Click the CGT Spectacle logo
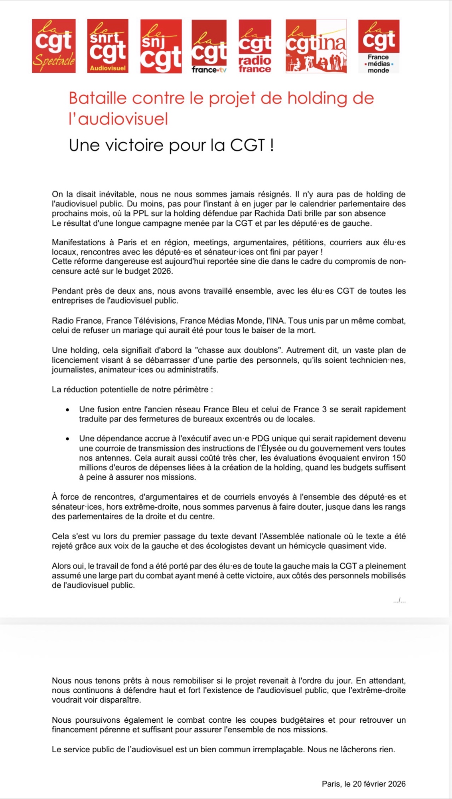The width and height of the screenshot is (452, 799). pyautogui.click(x=54, y=46)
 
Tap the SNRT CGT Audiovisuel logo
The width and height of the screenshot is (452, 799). pyautogui.click(x=108, y=46)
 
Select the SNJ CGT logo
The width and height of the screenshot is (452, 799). pyautogui.click(x=161, y=46)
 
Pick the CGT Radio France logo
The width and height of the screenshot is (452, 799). pyautogui.click(x=255, y=46)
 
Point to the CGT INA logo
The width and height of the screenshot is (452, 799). pyautogui.click(x=316, y=46)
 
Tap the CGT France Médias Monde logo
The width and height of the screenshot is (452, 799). pyautogui.click(x=379, y=46)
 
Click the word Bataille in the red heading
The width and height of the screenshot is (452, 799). pyautogui.click(x=97, y=98)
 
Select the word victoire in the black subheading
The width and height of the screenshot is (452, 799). pyautogui.click(x=134, y=145)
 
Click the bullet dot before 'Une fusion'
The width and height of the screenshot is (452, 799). pyautogui.click(x=68, y=409)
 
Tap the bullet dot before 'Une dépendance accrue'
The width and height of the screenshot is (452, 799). pyautogui.click(x=68, y=439)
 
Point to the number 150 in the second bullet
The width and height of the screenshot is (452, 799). pyautogui.click(x=399, y=458)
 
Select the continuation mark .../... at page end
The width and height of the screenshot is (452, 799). pyautogui.click(x=399, y=600)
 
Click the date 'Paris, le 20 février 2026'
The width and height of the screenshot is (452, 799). pyautogui.click(x=363, y=784)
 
